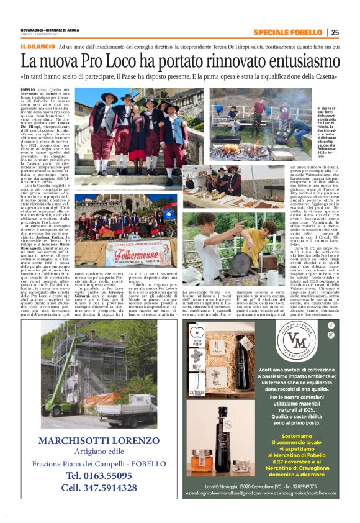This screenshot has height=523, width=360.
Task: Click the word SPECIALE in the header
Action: pyautogui.click(x=272, y=32)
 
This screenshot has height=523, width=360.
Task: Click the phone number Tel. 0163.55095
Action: pyautogui.click(x=96, y=476)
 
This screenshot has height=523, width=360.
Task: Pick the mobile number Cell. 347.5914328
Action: pyautogui.click(x=96, y=488)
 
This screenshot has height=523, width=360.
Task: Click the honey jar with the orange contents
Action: pyautogui.click(x=200, y=462)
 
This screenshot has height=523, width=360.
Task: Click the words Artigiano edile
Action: pyautogui.click(x=96, y=452)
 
